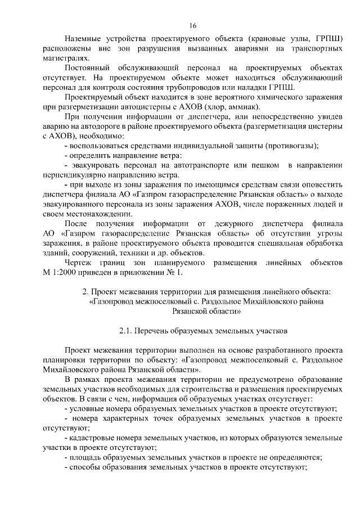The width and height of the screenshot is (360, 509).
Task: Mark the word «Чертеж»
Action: [79, 262]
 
